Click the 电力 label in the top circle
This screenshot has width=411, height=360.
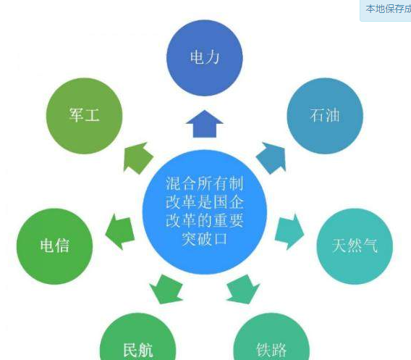pyautogui.click(x=205, y=57)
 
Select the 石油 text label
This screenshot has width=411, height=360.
pyautogui.click(x=325, y=115)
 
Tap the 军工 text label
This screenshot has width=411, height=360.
pyautogui.click(x=85, y=114)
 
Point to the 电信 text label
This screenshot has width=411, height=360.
pyautogui.click(x=55, y=246)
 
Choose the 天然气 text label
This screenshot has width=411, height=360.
pyautogui.click(x=355, y=246)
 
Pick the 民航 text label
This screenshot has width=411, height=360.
pyautogui.click(x=138, y=350)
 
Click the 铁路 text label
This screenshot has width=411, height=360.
pyautogui.click(x=271, y=350)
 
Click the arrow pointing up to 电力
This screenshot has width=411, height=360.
pyautogui.click(x=205, y=124)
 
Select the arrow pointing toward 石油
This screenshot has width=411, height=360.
pyautogui.click(x=271, y=158)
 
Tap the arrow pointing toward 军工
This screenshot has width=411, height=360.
pyautogui.click(x=137, y=158)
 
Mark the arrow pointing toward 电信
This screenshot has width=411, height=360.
pyautogui.click(x=120, y=232)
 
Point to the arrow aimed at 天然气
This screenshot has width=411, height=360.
pyautogui.click(x=289, y=232)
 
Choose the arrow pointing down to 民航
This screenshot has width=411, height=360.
pyautogui.click(x=166, y=290)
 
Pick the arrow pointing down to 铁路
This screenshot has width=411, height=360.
pyautogui.click(x=243, y=290)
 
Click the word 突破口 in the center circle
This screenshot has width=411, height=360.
pyautogui.click(x=205, y=239)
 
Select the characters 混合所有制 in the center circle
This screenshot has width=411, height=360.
pyautogui.click(x=205, y=183)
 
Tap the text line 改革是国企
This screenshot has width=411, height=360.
pyautogui.click(x=205, y=202)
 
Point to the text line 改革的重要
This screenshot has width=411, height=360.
pyautogui.click(x=205, y=220)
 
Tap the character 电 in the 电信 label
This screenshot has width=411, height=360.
pyautogui.click(x=47, y=246)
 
